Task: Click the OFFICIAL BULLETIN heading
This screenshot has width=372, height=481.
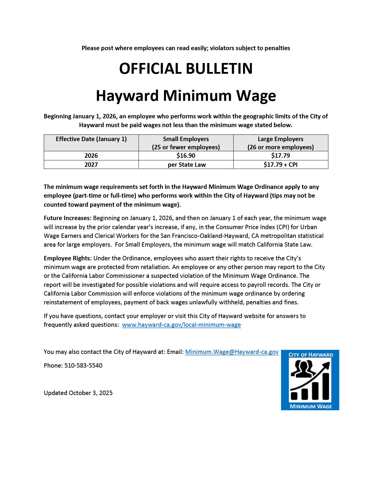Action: (x=186, y=69)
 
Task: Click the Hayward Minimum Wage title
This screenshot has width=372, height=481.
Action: (x=186, y=96)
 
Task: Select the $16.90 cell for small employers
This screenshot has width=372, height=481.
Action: (x=186, y=156)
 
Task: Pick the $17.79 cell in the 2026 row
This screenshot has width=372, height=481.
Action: (x=280, y=156)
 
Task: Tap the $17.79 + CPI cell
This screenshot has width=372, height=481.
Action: (x=280, y=165)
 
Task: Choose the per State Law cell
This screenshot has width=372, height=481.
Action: (x=187, y=165)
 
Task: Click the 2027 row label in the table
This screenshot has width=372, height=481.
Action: (x=91, y=165)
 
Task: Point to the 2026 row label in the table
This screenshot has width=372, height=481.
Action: (x=91, y=156)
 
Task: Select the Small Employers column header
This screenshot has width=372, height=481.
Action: (x=186, y=143)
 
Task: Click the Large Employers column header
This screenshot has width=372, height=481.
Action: (x=280, y=143)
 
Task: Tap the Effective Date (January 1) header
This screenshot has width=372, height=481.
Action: (x=91, y=139)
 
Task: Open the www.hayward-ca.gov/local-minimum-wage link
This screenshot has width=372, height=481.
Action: (x=181, y=325)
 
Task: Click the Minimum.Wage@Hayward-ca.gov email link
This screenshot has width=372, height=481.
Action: (x=232, y=352)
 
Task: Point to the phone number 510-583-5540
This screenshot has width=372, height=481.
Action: (x=83, y=366)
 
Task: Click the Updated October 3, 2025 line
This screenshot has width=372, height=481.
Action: (x=78, y=393)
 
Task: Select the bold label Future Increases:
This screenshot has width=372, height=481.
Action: (x=68, y=218)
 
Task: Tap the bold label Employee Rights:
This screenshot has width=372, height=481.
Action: (x=68, y=258)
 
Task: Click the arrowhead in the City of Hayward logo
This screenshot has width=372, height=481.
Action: (x=327, y=365)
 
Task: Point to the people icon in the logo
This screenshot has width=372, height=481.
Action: (x=302, y=368)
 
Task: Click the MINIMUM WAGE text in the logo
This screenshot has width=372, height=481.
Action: (x=310, y=406)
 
